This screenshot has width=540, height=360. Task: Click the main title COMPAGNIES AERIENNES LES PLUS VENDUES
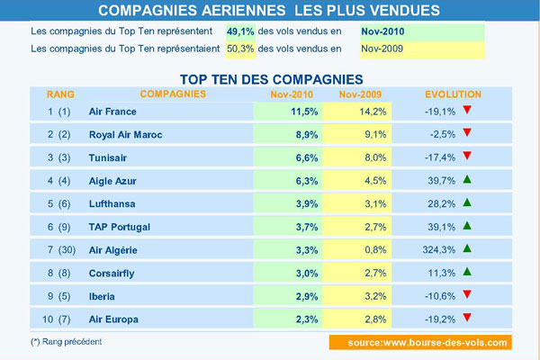269,11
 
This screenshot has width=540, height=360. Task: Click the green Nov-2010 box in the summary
421,31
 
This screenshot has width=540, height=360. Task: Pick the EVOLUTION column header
453,94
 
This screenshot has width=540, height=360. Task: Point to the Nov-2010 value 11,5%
287,112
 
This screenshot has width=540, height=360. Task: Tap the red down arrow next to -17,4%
491,155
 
